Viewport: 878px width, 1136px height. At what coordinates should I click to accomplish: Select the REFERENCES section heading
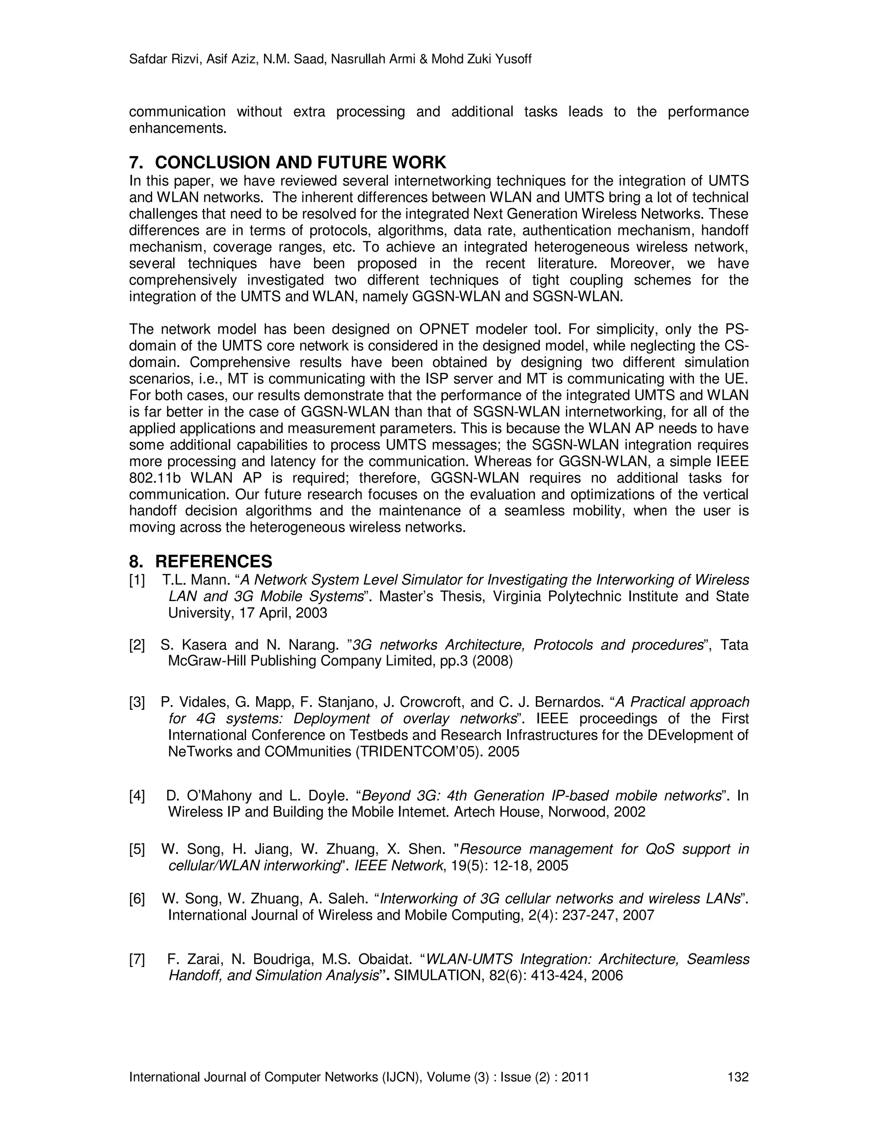point(213,562)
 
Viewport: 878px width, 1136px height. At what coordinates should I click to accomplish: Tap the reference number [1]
point(137,580)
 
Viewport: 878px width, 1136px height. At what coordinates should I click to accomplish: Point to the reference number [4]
point(137,796)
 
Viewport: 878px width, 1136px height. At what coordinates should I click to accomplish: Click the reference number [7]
point(137,959)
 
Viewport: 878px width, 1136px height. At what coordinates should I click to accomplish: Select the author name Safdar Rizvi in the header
point(164,59)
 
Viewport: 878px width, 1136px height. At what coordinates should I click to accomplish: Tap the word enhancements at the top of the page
point(177,129)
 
